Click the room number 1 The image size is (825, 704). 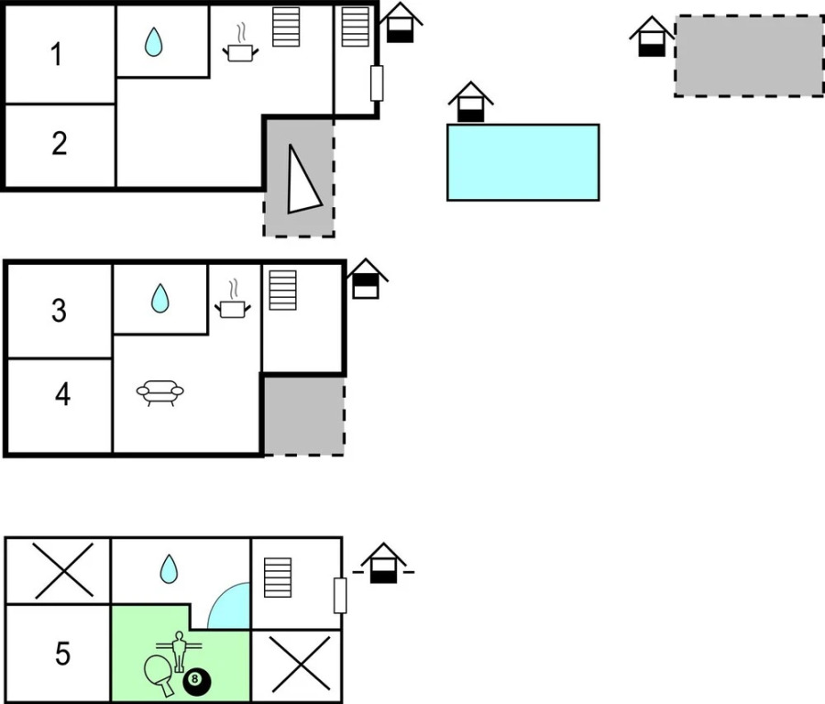(56, 55)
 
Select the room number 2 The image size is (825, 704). (60, 144)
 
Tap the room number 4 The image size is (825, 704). (62, 395)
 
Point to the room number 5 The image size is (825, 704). (61, 654)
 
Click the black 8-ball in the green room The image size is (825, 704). (196, 681)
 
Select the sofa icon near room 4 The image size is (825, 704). (160, 393)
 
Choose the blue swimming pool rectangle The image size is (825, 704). (522, 162)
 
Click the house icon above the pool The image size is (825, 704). (470, 102)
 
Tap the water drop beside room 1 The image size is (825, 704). (153, 41)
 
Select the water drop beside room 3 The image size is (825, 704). (160, 297)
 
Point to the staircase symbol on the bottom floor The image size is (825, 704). (277, 577)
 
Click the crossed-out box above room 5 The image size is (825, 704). (63, 570)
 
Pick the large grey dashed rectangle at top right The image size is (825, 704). (749, 56)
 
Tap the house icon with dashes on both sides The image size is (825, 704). (383, 564)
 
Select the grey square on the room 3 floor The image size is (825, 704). (303, 415)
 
